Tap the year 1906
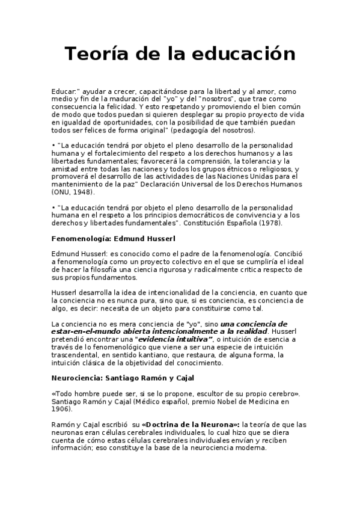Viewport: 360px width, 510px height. (61, 409)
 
